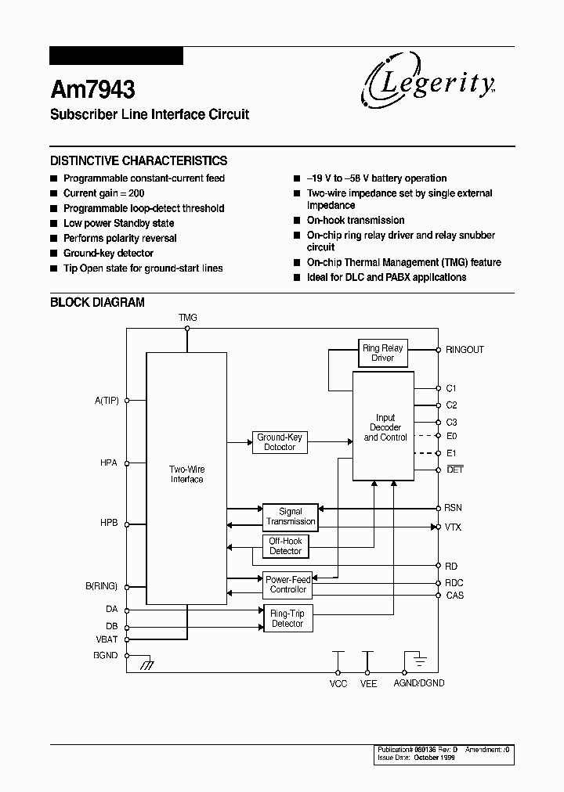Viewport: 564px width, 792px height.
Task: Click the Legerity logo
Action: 427,84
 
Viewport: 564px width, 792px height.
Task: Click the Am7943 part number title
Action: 92,88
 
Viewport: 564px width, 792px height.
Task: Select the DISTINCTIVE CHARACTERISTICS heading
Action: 139,160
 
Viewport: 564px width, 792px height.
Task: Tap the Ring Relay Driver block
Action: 382,353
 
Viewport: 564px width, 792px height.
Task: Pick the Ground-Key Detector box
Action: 279,442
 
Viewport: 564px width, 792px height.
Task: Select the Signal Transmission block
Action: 290,517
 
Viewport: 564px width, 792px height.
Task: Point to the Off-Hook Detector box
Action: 285,546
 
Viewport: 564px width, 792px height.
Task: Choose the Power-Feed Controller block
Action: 287,584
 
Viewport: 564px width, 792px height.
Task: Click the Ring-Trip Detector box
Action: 287,619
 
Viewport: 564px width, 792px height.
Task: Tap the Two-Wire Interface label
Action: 186,474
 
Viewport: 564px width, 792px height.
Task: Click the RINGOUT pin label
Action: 465,350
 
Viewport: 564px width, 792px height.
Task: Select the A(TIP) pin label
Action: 106,400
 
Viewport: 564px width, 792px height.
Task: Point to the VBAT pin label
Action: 107,639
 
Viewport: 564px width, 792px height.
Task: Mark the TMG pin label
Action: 187,318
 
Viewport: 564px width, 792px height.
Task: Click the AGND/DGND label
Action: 420,683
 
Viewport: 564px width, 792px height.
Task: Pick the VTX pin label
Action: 453,527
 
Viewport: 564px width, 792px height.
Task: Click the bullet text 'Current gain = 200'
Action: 103,193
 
